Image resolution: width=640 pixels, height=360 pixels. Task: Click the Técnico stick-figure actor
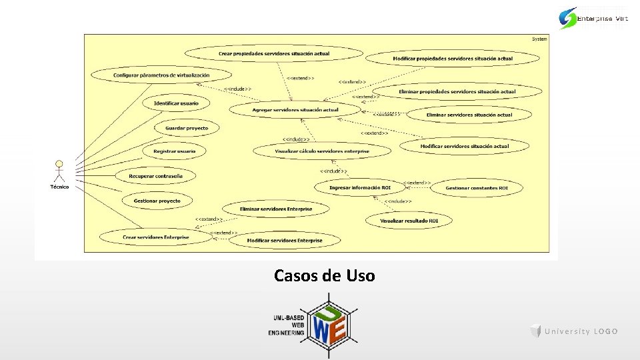click(x=59, y=171)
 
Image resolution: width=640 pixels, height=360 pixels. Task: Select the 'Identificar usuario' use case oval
click(x=176, y=103)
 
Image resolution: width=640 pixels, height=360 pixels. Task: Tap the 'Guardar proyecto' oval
click(x=187, y=128)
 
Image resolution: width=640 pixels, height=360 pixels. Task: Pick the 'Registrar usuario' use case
click(x=175, y=151)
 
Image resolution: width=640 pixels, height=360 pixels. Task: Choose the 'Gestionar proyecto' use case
click(x=157, y=201)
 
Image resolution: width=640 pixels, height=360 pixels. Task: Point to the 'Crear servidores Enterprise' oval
click(x=155, y=237)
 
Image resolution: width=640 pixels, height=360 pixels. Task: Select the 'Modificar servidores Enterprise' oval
click(x=285, y=240)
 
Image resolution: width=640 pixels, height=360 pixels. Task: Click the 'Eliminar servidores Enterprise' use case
click(x=275, y=209)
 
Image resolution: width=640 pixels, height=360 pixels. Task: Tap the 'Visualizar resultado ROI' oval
click(x=409, y=220)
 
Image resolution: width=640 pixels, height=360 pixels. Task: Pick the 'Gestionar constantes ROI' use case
click(x=476, y=188)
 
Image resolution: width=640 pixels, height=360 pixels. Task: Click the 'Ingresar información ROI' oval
click(x=360, y=188)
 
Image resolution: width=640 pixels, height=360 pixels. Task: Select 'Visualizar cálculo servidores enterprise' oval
click(x=322, y=151)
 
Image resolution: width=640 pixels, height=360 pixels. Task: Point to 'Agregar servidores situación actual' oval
click(x=295, y=109)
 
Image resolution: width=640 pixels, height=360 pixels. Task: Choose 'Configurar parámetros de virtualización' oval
click(x=161, y=75)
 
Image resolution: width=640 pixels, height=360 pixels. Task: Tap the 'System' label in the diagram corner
click(x=539, y=39)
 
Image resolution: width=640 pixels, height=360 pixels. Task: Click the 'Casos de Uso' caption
click(x=324, y=275)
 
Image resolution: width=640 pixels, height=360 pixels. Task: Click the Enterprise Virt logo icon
click(x=569, y=18)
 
